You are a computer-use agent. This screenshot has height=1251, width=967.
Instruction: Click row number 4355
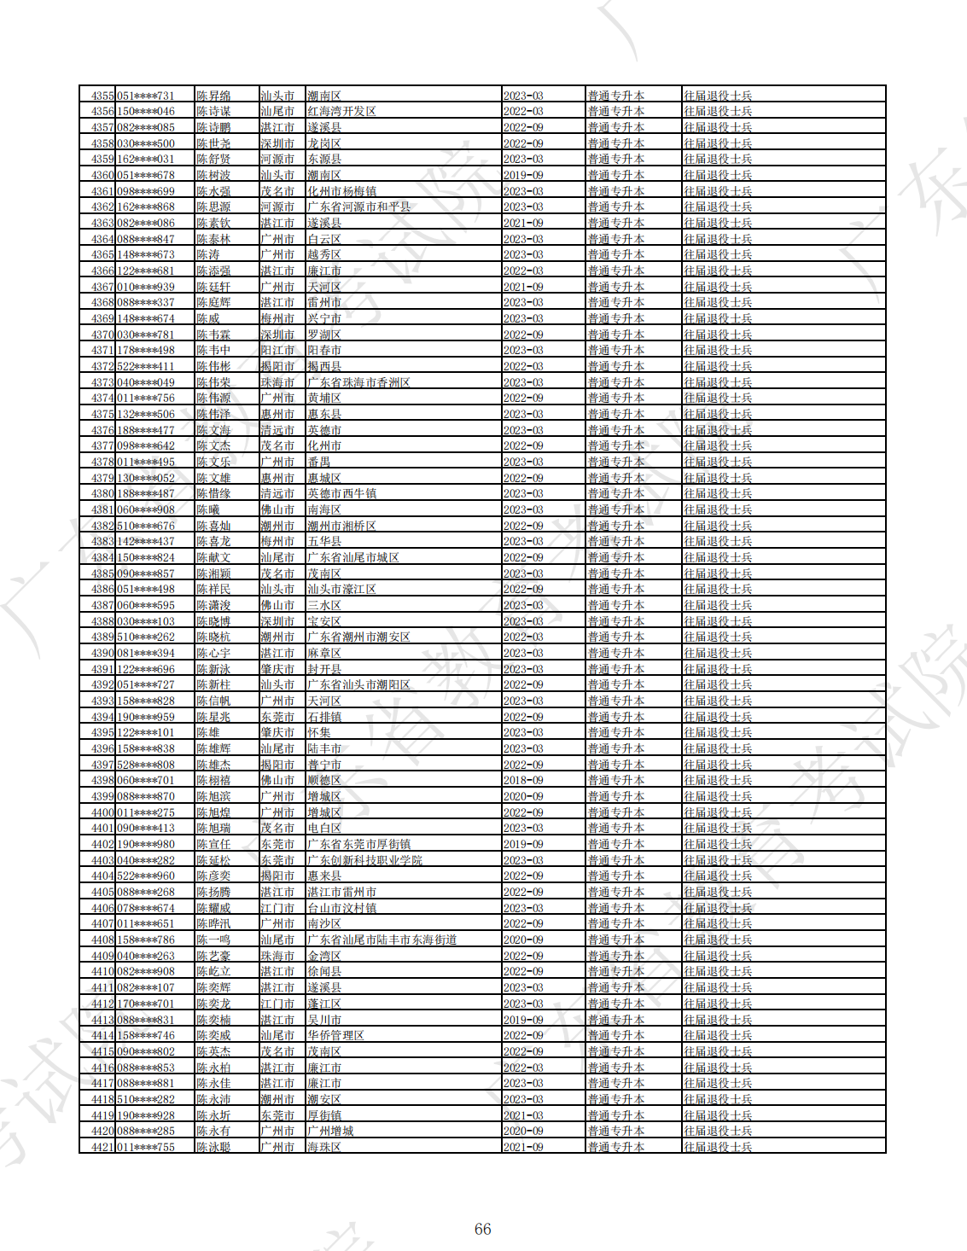(102, 96)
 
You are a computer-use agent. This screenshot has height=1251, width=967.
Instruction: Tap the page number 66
(482, 1229)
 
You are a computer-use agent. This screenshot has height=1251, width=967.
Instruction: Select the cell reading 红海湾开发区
(341, 112)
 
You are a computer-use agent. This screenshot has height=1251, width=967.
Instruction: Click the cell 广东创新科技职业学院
(364, 860)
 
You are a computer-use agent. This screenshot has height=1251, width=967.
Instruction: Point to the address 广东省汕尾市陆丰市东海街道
(382, 940)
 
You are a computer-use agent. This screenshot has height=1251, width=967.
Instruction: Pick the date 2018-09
(523, 780)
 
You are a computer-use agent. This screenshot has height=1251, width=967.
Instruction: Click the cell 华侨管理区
(335, 1035)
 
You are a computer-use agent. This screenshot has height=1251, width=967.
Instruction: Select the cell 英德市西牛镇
(341, 493)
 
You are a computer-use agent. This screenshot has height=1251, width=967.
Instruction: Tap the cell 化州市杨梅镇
(341, 191)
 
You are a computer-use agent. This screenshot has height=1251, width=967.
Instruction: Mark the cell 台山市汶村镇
(341, 908)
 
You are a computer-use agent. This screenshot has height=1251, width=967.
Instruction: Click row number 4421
(102, 1147)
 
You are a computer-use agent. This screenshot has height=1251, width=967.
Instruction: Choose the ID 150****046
(145, 112)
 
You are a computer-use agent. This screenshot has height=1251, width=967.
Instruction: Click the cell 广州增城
(330, 1131)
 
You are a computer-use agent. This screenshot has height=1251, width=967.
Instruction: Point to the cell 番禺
(318, 462)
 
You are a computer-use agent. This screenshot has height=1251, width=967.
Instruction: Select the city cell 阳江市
(277, 350)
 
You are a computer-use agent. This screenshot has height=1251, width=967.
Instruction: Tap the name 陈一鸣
(213, 940)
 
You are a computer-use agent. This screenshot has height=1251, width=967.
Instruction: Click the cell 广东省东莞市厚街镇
(358, 844)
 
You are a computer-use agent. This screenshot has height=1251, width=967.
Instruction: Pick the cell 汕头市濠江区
(341, 589)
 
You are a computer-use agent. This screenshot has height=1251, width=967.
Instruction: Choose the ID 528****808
(145, 765)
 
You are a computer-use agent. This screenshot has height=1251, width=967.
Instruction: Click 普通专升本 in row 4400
(615, 812)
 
